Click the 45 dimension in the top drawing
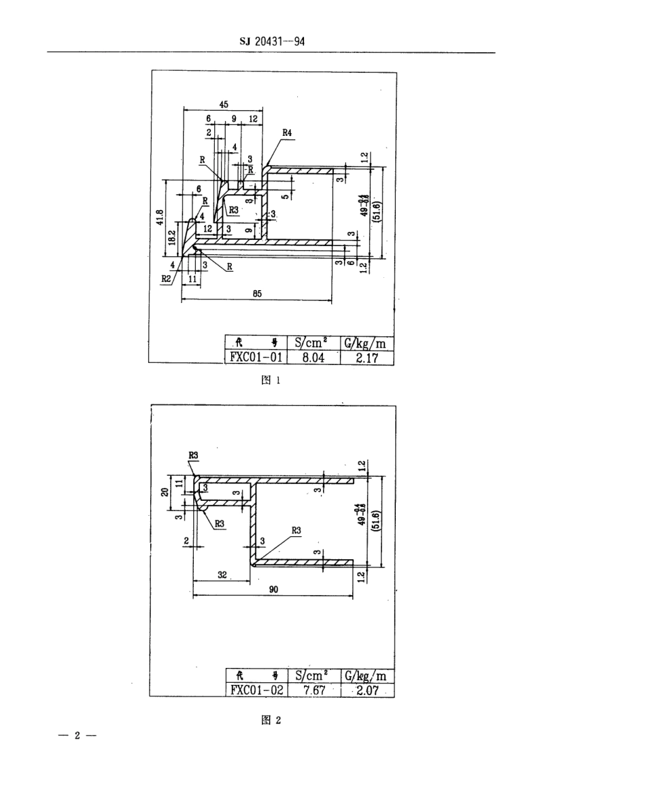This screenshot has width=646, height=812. click(224, 104)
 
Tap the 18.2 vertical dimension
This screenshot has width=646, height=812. click(171, 239)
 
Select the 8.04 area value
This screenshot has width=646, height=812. click(313, 357)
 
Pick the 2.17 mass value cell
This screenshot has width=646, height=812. click(366, 357)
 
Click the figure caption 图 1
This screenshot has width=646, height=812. click(271, 381)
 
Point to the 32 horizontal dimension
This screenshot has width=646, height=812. click(222, 574)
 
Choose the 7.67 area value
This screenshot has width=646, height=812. click(313, 690)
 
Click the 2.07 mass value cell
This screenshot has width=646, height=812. click(366, 690)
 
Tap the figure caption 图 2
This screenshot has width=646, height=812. click(271, 721)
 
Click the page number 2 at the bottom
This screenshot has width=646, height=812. click(78, 736)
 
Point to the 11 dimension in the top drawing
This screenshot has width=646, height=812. click(192, 279)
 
